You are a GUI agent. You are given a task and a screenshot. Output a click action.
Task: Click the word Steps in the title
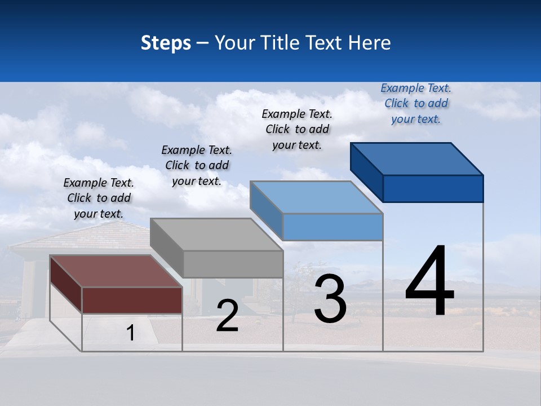(166, 43)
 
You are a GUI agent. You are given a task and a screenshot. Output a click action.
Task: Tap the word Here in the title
(369, 43)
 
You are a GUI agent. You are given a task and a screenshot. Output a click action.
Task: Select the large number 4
(429, 281)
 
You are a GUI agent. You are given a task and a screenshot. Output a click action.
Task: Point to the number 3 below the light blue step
(330, 299)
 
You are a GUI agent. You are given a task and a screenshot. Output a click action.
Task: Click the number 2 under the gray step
(227, 316)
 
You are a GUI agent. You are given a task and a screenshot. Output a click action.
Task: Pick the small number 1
(131, 333)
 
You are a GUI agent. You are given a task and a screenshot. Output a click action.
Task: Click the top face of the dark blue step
(417, 158)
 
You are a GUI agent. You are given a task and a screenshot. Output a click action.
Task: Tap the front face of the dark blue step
(433, 188)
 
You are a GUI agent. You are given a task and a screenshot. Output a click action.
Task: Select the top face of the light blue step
(316, 197)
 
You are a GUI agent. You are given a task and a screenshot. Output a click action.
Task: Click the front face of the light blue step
(332, 227)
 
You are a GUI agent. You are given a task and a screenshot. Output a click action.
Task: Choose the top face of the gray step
(216, 235)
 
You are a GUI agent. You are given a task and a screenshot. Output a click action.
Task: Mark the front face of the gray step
(233, 264)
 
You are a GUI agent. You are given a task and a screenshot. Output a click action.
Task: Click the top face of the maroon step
(116, 271)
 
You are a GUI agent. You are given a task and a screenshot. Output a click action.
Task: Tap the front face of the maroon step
(132, 300)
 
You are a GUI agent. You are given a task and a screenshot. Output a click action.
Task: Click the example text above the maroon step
(99, 198)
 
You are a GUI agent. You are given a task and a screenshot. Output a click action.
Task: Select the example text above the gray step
(197, 165)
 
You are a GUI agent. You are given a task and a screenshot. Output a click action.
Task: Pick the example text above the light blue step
(297, 129)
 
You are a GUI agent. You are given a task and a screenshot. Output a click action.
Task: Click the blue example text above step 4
(416, 103)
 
